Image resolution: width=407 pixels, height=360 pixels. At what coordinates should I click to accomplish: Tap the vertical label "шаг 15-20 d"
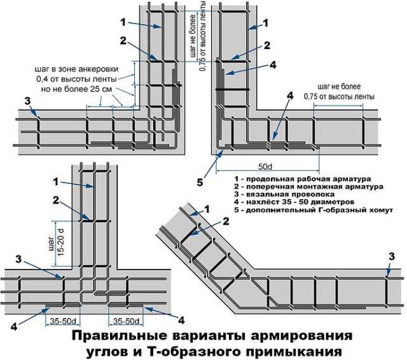[x=54, y=240]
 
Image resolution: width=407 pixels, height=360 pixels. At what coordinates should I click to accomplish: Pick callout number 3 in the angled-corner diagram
[x=390, y=256]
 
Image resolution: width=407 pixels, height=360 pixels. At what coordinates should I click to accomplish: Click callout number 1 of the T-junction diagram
[x=55, y=181]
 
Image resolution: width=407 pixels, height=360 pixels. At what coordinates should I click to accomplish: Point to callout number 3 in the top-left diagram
[x=27, y=101]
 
